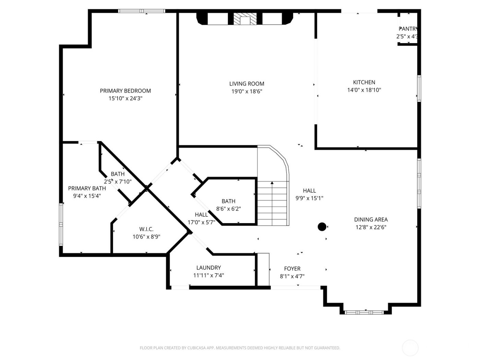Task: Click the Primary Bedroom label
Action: coord(125,91)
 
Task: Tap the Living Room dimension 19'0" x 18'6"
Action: coord(247,92)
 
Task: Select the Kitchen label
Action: coord(364,82)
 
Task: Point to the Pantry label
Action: coord(408,29)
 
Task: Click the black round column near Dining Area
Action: coord(322,227)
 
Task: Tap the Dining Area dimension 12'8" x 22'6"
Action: coord(371,227)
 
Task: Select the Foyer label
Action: coord(292,269)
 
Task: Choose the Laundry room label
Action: coord(208,268)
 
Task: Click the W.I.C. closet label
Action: coord(146,229)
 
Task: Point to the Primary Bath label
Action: coord(87,189)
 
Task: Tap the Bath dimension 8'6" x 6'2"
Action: coord(228,209)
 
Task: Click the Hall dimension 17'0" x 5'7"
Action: coord(201,222)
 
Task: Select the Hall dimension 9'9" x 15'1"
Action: coord(309,198)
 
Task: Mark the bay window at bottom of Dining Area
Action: coord(364,312)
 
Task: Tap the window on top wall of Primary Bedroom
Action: coord(142,11)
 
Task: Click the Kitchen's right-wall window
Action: coord(419,88)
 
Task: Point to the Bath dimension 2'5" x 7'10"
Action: coord(118,182)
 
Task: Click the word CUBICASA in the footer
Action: coord(197,348)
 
